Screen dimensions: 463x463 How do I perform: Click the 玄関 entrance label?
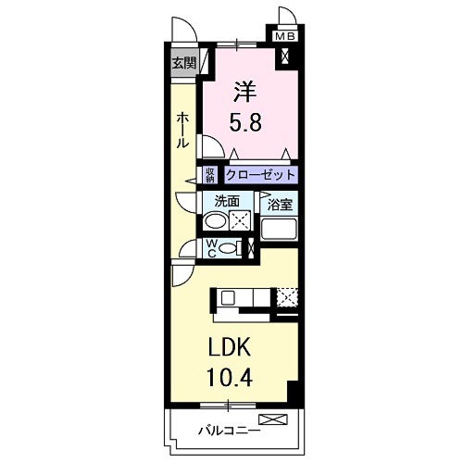tap(183, 64)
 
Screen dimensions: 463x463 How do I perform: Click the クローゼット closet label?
tap(260, 174)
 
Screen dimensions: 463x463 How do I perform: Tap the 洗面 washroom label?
tap(227, 200)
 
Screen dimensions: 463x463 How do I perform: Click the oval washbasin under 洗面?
tap(215, 221)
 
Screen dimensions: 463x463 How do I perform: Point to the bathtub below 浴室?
tap(278, 231)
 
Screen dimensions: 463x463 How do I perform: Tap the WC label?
tap(211, 247)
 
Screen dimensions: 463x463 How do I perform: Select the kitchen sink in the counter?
tap(227, 297)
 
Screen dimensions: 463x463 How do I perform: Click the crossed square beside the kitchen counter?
tap(288, 297)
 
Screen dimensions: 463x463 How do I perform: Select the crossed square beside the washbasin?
tap(241, 221)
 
